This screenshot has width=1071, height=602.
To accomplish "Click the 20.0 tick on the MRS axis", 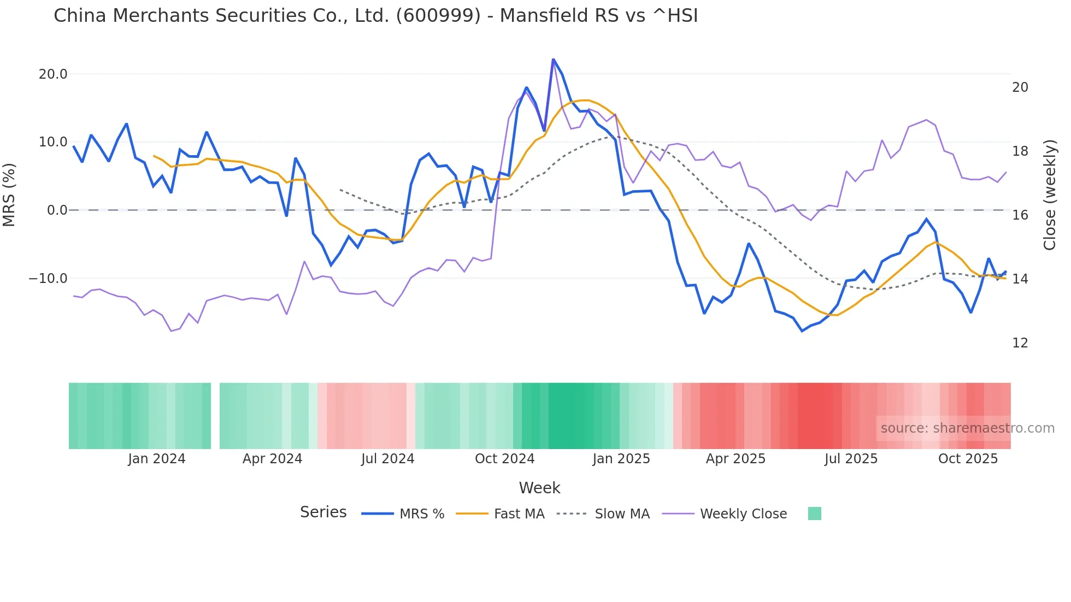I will click(53, 74).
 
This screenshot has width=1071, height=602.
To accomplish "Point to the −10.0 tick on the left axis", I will click(48, 279).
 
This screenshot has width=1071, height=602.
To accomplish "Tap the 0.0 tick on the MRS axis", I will click(57, 210).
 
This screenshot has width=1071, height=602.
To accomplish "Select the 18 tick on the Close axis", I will click(1020, 151).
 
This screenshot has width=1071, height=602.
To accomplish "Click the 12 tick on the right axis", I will click(1020, 343).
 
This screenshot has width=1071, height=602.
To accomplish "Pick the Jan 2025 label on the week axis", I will click(621, 459).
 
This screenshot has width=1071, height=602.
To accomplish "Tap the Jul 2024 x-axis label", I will click(387, 459).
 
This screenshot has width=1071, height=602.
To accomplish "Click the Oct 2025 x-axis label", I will click(968, 459).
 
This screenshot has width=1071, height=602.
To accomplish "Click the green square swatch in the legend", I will click(814, 514).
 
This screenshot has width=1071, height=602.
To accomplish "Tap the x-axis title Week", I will click(539, 488).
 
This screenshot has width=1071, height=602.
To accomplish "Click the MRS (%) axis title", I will click(9, 195).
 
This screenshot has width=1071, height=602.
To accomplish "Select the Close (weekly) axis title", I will click(1049, 195).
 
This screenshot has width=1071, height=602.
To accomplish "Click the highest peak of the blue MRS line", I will click(553, 60).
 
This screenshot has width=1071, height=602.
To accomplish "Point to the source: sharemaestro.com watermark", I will click(967, 428).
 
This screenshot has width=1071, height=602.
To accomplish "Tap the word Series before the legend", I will click(323, 512).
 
